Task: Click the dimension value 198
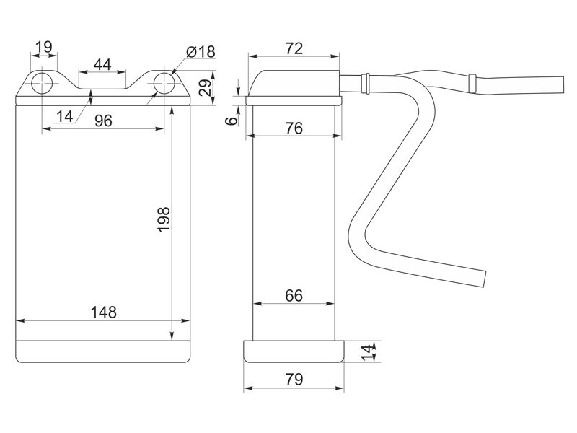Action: point(164,219)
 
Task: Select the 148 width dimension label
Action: point(103,312)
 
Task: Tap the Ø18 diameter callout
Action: point(201,52)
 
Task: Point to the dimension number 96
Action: point(103,121)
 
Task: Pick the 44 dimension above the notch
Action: point(102,65)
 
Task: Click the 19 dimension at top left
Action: point(44,47)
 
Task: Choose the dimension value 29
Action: point(206,87)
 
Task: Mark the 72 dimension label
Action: point(294,48)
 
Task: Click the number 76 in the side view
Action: point(294,128)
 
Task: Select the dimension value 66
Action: point(294,296)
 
